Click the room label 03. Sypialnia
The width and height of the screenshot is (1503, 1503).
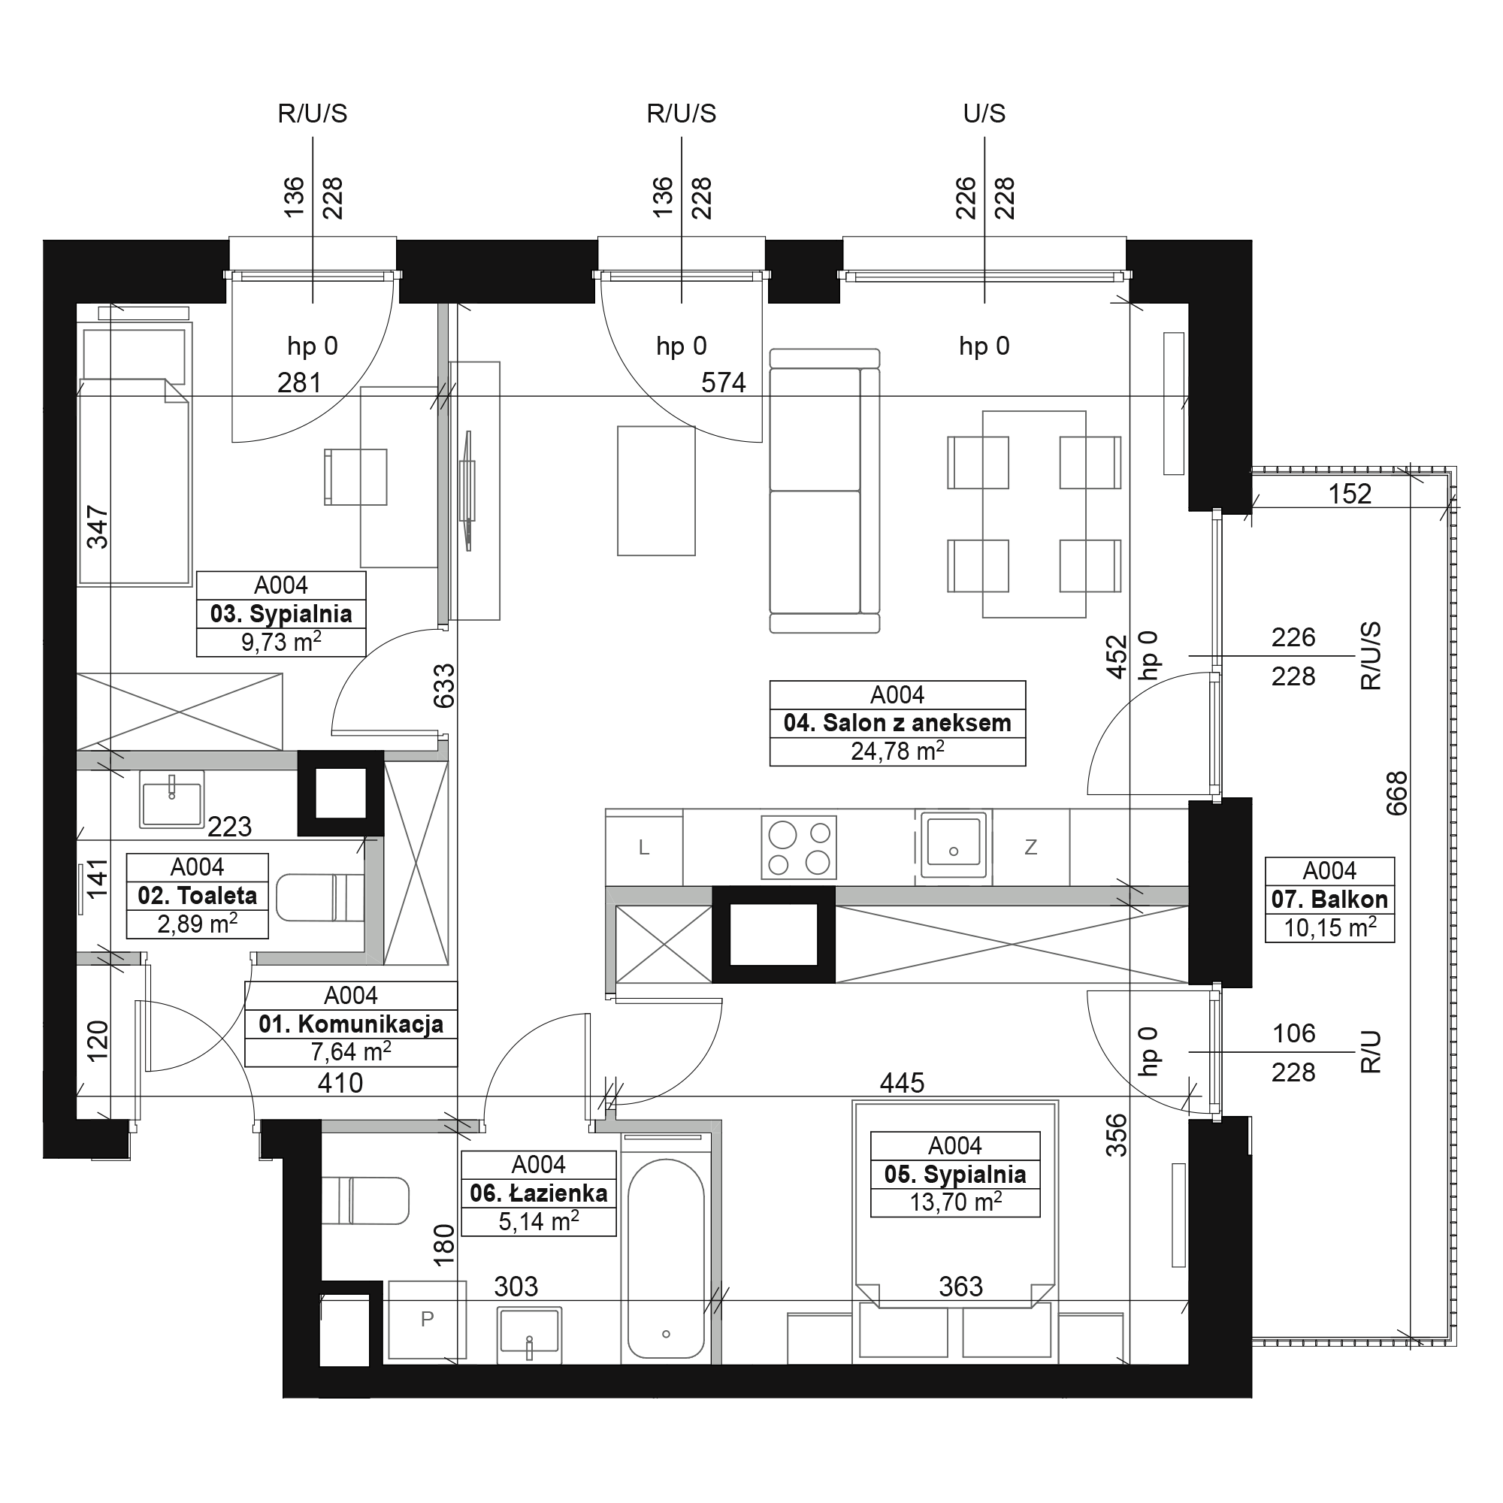point(281,614)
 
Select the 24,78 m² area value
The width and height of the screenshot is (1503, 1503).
point(898,751)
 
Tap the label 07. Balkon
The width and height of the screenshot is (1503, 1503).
point(1329,900)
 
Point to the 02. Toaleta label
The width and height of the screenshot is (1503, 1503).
point(198,896)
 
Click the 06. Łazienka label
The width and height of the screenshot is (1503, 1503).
point(538,1193)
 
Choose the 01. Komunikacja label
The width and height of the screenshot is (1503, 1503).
point(351,1024)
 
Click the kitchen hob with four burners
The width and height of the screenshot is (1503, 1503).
point(799,846)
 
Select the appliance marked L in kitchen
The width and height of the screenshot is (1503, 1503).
point(644,847)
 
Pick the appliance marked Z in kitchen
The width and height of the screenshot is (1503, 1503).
point(1031,847)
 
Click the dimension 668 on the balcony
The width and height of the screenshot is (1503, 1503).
point(1397,793)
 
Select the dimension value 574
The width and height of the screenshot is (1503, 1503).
point(724,383)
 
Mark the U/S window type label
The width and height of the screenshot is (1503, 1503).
point(984,113)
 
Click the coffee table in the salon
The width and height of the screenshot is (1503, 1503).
point(657,491)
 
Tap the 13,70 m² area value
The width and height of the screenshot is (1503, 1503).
point(955,1202)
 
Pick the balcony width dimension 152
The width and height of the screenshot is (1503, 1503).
point(1350,494)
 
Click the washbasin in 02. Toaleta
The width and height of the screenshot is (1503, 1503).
point(172,799)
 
